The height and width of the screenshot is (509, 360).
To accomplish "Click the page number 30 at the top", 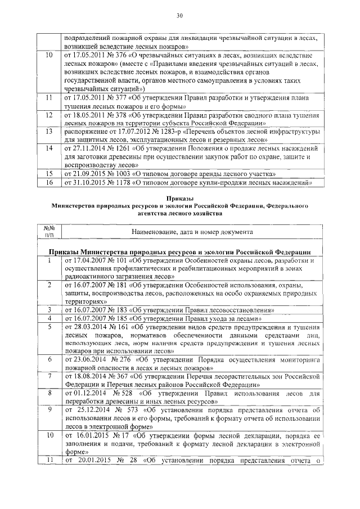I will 179,15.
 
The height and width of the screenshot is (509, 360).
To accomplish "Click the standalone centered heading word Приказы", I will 179,199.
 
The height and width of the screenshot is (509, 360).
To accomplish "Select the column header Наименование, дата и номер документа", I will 192,232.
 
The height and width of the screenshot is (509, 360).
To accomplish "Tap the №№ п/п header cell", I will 48,231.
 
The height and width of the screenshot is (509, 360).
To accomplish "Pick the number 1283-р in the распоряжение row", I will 173,130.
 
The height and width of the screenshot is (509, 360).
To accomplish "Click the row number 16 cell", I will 48,183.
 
